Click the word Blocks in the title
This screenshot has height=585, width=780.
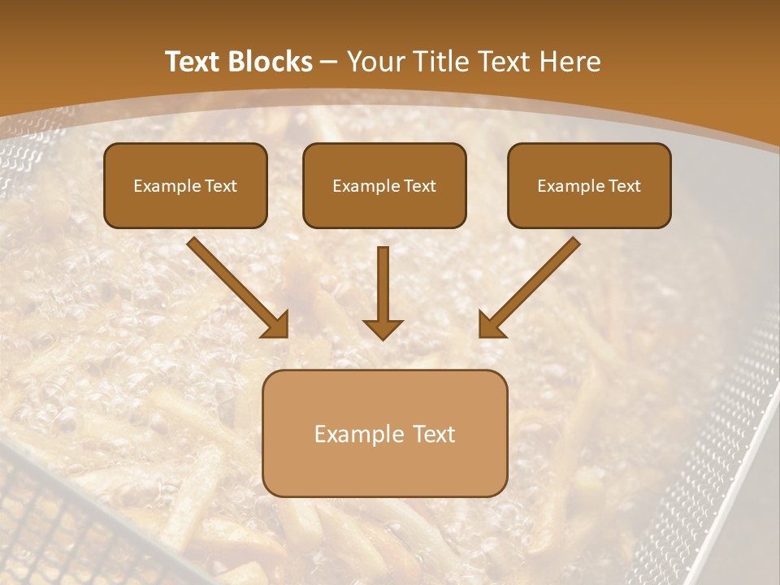pyautogui.click(x=271, y=62)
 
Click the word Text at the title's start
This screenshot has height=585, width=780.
pyautogui.click(x=194, y=62)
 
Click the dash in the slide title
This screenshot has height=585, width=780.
pyautogui.click(x=329, y=63)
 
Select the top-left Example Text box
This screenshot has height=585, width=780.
pyautogui.click(x=185, y=185)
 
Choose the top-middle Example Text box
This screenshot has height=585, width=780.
pyautogui.click(x=384, y=185)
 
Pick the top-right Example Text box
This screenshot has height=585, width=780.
pyautogui.click(x=589, y=185)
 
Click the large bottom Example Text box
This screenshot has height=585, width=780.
pyautogui.click(x=384, y=433)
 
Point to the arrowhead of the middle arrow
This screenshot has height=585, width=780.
pyautogui.click(x=383, y=328)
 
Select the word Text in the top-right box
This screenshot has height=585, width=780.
pyautogui.click(x=625, y=186)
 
